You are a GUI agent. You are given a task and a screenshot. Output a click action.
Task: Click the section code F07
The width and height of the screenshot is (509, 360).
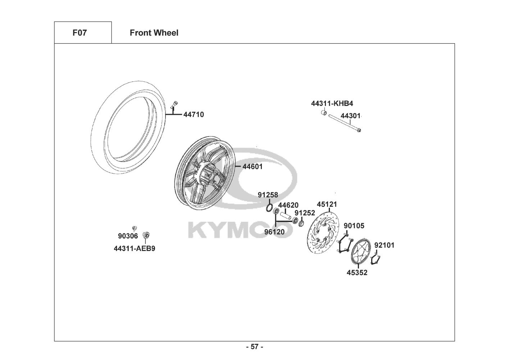(79, 33)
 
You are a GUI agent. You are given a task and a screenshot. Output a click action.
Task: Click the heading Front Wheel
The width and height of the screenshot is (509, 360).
(154, 33)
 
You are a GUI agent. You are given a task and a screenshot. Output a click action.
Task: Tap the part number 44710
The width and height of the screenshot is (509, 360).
(194, 114)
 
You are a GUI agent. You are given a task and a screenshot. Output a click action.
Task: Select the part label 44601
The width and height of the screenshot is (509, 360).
(253, 166)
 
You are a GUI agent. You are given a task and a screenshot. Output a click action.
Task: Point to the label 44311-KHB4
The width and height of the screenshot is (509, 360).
(332, 103)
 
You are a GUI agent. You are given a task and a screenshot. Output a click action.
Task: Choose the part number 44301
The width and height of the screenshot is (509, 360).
(350, 116)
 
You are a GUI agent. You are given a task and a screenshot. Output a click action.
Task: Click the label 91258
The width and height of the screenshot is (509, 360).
(268, 195)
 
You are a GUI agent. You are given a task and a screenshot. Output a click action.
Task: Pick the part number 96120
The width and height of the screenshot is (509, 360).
(274, 232)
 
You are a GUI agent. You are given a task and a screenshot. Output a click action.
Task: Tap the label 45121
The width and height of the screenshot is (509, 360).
(327, 204)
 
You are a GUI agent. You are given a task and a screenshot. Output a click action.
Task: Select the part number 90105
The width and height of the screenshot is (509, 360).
(354, 226)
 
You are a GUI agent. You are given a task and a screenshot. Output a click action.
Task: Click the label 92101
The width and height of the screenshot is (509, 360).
(384, 245)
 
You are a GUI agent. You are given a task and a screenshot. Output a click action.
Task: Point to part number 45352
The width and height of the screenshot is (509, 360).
(357, 273)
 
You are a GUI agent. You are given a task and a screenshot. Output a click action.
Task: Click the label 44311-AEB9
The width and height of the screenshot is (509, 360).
(135, 248)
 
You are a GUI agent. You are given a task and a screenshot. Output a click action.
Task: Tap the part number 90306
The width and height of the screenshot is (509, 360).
(128, 236)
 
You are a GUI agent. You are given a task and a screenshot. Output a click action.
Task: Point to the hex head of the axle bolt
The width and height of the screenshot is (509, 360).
(359, 130)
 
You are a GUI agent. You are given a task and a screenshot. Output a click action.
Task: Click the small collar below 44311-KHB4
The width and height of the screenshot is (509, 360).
(324, 112)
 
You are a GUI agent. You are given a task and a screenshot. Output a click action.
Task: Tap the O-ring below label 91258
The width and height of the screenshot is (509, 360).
(269, 208)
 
